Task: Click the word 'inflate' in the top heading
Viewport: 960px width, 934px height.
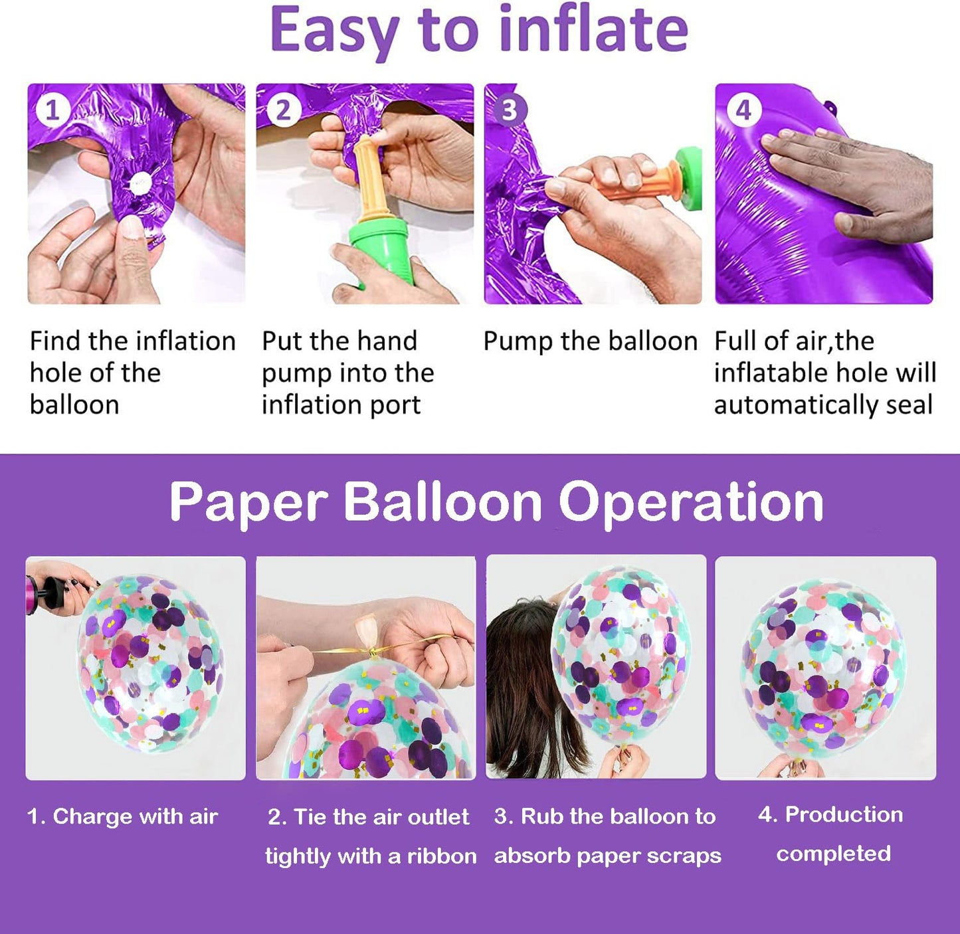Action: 593,30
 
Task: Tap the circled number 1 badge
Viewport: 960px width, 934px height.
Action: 52,110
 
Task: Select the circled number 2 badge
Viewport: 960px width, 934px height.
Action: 283,110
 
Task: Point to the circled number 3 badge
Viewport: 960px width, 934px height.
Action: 510,110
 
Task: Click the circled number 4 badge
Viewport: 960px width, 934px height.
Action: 743,110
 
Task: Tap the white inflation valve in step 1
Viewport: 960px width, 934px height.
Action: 140,183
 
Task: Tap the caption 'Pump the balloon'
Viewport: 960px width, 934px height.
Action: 590,341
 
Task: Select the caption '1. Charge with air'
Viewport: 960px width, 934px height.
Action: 123,816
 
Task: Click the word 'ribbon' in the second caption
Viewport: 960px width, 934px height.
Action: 442,856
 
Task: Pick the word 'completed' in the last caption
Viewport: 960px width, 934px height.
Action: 834,854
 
